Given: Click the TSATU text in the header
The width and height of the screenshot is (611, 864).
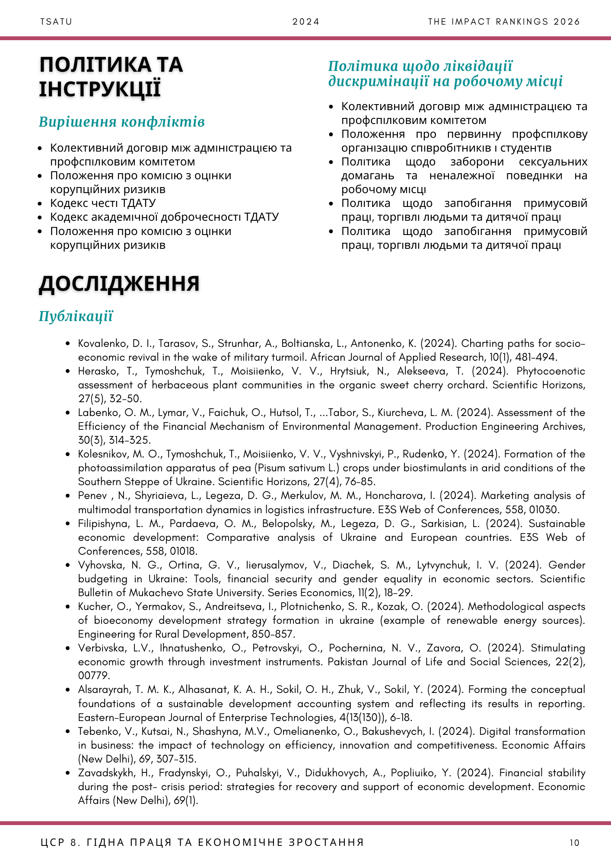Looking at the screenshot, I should [x=56, y=22].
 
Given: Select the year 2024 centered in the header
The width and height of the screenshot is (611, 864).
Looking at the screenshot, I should [x=306, y=22].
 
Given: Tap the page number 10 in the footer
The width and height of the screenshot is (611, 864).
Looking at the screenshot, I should [x=574, y=843].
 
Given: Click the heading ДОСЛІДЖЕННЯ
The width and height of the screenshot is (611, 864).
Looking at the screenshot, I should [x=119, y=284].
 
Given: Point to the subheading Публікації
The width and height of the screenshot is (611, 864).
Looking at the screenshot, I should [x=76, y=316].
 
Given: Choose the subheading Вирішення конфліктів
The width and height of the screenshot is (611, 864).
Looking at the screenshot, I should [x=121, y=122].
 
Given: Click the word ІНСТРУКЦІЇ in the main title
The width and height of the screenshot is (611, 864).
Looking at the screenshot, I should [x=100, y=89].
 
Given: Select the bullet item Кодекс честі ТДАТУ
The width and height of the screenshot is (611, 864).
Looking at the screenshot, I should [x=103, y=203].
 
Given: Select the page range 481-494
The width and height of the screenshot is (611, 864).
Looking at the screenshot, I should [x=536, y=358].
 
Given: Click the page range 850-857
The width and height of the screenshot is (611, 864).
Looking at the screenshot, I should [x=277, y=635].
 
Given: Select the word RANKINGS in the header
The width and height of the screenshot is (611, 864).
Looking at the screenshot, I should [x=523, y=22].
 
